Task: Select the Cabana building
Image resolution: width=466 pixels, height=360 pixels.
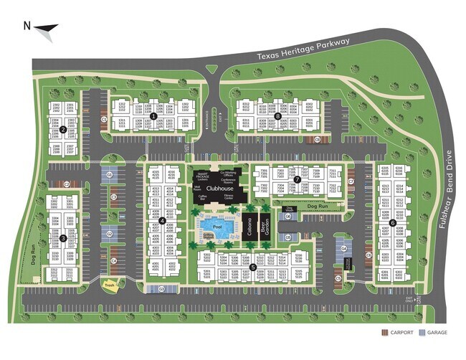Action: (249, 227)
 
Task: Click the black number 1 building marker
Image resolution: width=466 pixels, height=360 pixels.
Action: (153, 115)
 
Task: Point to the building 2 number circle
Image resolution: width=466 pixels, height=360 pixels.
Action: (63, 130)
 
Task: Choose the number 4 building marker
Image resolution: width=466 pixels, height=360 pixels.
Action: (163, 220)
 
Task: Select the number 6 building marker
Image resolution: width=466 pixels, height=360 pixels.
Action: (393, 245)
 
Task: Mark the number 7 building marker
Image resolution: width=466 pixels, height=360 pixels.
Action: (296, 179)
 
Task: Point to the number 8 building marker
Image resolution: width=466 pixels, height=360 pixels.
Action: (277, 115)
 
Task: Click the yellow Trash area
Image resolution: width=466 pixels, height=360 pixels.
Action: (110, 285)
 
